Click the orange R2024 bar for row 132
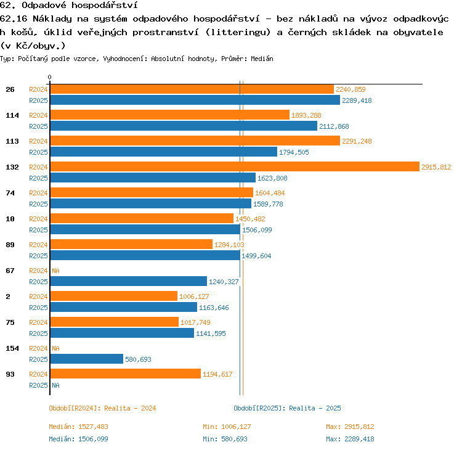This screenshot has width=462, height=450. [235, 166]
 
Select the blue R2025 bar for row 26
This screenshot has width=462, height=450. [195, 100]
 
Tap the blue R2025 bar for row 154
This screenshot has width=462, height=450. [87, 359]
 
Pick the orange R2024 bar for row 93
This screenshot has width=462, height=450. [126, 374]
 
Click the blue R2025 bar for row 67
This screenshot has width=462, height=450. [129, 281]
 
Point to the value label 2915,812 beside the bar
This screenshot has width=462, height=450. [436, 167]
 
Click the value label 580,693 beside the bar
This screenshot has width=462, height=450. [138, 359]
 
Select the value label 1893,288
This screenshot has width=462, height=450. [306, 115]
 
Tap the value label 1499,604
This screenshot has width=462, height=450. [256, 256]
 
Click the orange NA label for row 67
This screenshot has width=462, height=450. [55, 271]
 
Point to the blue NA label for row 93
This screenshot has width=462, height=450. [55, 385]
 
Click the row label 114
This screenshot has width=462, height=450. [12, 115]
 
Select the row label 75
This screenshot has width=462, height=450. [10, 322]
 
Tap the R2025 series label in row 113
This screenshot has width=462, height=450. [38, 152]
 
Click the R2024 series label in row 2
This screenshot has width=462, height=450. [38, 297]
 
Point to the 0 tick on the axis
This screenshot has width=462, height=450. [49, 77]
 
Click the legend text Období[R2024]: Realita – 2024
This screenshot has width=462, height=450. [102, 408]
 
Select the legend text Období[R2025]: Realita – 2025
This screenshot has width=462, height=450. [287, 408]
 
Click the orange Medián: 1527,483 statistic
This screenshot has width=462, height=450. [78, 427]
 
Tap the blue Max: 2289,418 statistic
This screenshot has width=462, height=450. [350, 439]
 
